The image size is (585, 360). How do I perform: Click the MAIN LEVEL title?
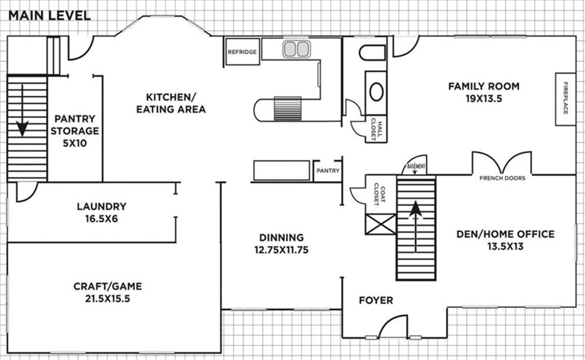click(x=49, y=15)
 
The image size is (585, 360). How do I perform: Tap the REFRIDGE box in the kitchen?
click(x=242, y=52)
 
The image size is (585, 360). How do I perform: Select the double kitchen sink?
click(x=296, y=49)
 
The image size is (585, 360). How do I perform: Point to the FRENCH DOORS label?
click(x=502, y=178)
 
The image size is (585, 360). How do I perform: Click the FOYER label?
click(x=375, y=301)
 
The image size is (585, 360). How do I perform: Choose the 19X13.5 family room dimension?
click(x=483, y=98)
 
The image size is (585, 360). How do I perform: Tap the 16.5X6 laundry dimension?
click(x=101, y=219)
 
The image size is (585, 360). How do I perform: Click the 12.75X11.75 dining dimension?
click(x=281, y=250)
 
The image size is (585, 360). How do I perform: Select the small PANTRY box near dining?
click(x=327, y=171)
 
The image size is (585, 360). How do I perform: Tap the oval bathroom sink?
click(x=376, y=92)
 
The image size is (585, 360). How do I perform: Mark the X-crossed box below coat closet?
click(x=380, y=224)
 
